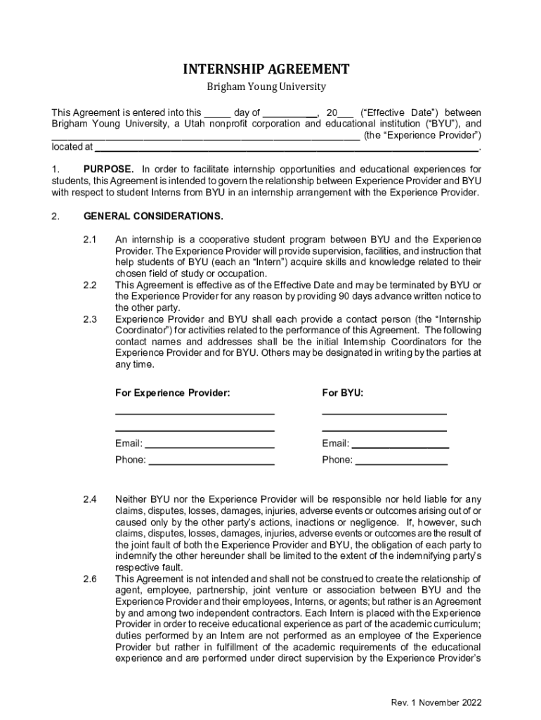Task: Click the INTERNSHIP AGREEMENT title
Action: tap(266, 69)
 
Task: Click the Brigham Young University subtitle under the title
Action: tap(266, 87)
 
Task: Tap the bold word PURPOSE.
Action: tap(108, 169)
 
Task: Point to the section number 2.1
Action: tap(89, 239)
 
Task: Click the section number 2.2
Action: tap(89, 285)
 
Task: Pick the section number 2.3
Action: tap(89, 319)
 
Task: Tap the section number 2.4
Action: tap(89, 500)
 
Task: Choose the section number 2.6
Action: tap(89, 579)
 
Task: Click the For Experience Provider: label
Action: tap(172, 392)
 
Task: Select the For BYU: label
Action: tap(343, 392)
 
